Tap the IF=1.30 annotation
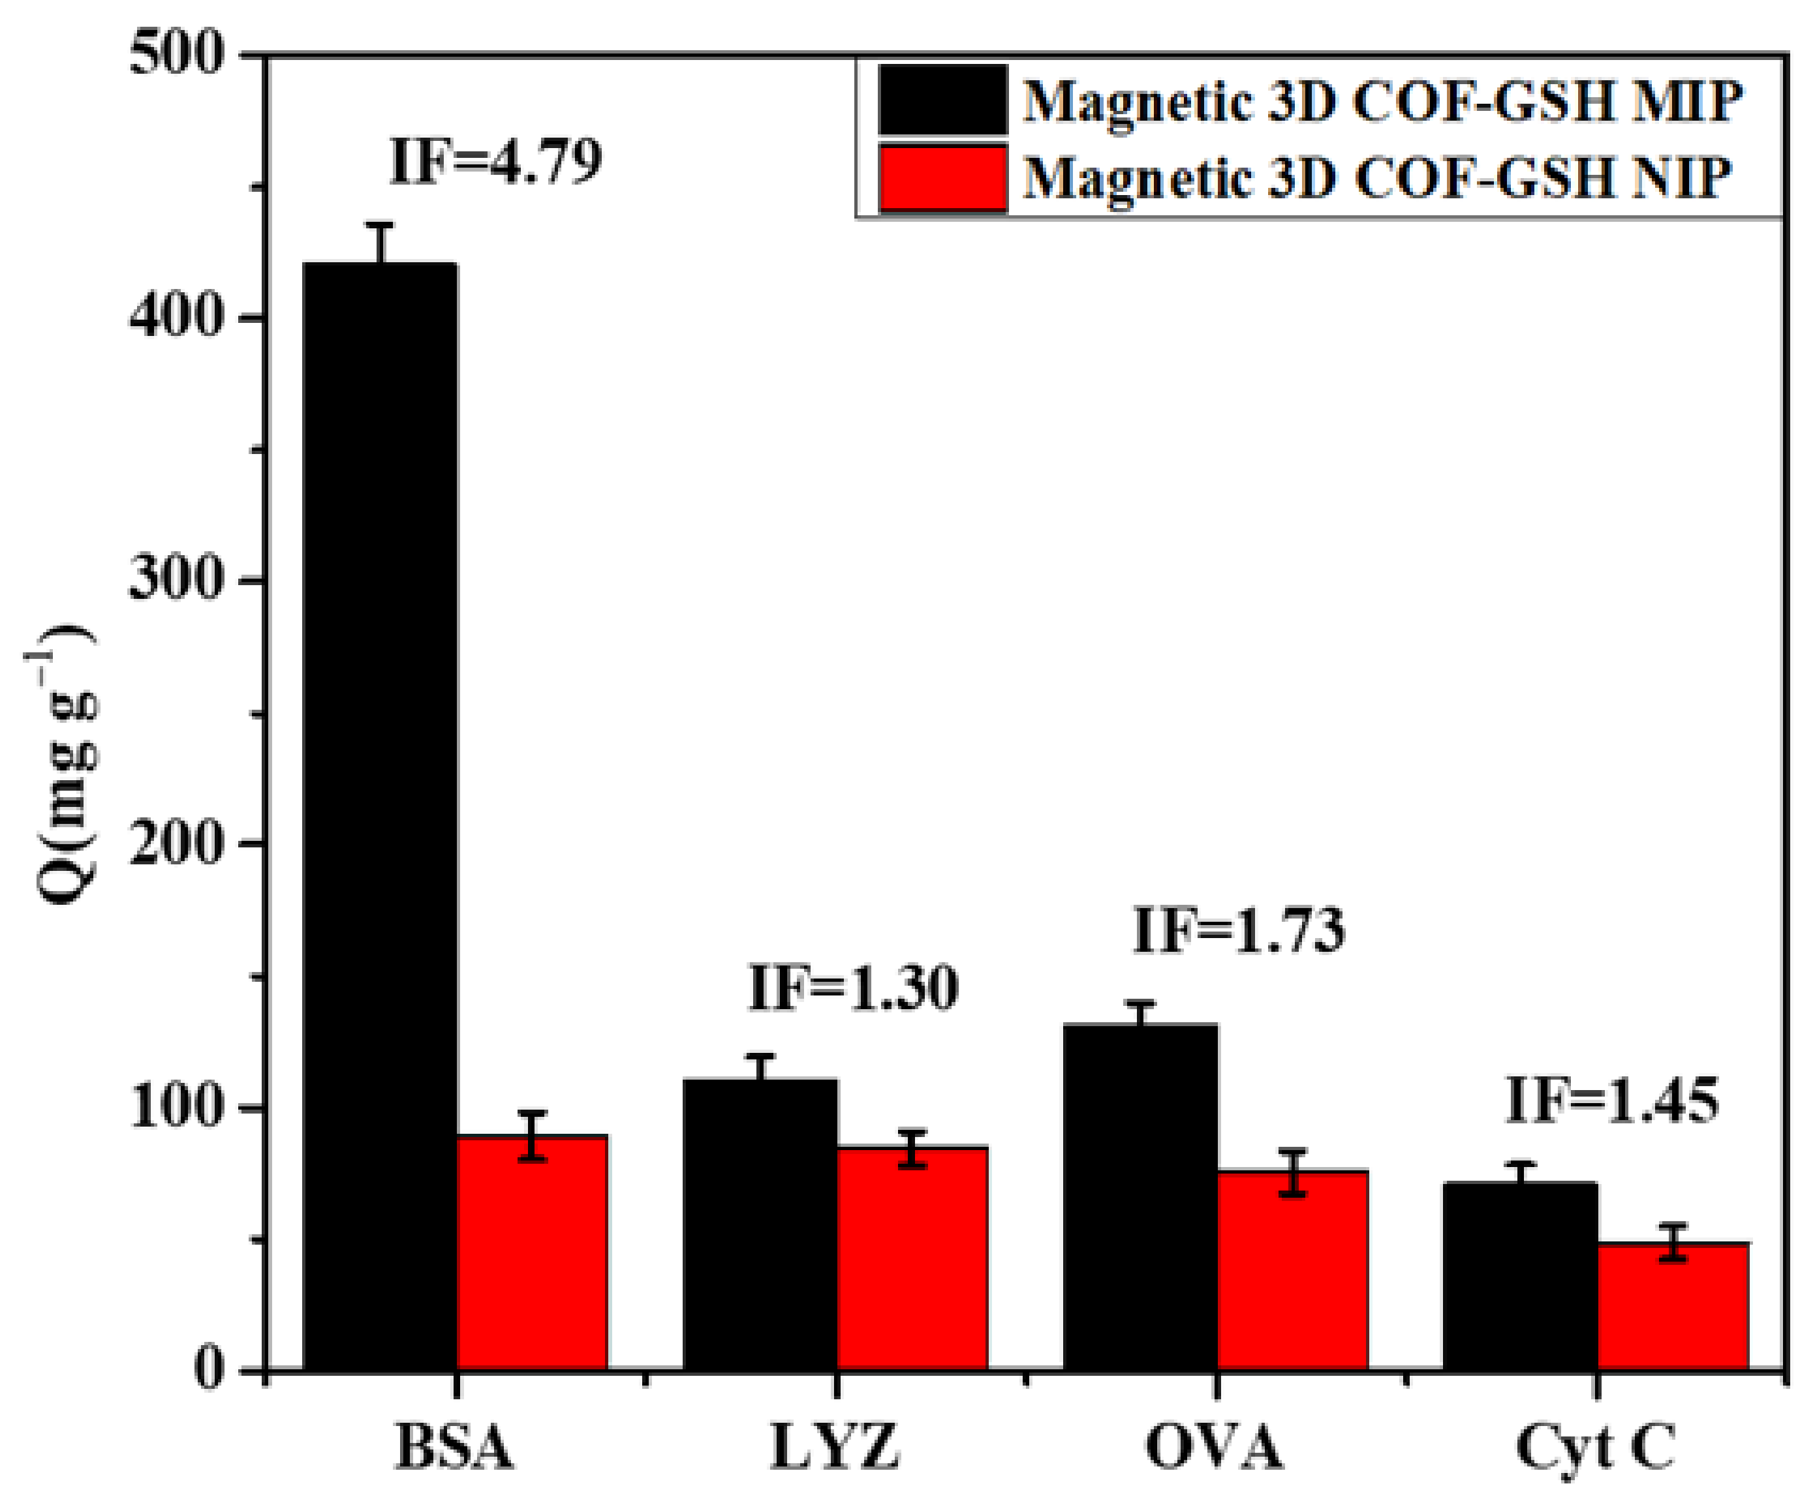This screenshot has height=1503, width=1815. [853, 988]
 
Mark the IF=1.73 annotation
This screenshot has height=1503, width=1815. [1239, 931]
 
